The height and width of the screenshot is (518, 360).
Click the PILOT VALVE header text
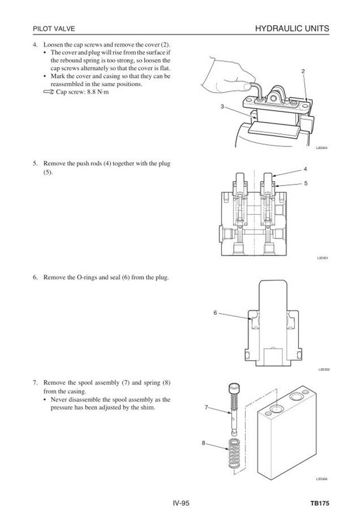point(54,29)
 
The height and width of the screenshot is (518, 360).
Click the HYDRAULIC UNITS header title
point(292,29)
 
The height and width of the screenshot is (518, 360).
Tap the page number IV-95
point(180,503)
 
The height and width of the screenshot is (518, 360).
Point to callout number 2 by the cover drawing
point(303,71)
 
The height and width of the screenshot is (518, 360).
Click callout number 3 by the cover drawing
point(222,106)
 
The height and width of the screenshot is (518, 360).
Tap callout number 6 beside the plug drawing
point(215,312)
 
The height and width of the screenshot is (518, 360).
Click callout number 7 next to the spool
point(206,407)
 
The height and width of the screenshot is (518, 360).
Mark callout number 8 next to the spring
point(204,443)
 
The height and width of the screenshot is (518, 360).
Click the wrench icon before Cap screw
point(49,92)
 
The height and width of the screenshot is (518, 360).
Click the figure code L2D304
point(321,147)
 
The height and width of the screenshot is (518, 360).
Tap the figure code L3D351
point(322,259)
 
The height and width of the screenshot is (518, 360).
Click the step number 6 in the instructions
point(35,277)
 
